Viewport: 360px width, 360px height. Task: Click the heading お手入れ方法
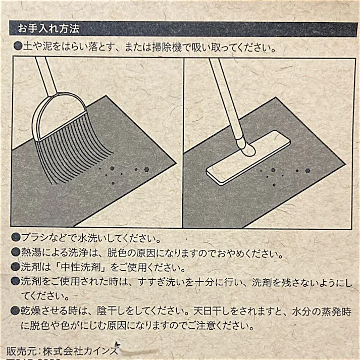(x=48, y=28)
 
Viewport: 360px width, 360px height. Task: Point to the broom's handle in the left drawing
(x=44, y=76)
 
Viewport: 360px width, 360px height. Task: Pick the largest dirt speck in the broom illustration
(x=147, y=169)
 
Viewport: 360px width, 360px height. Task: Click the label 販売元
(x=21, y=350)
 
